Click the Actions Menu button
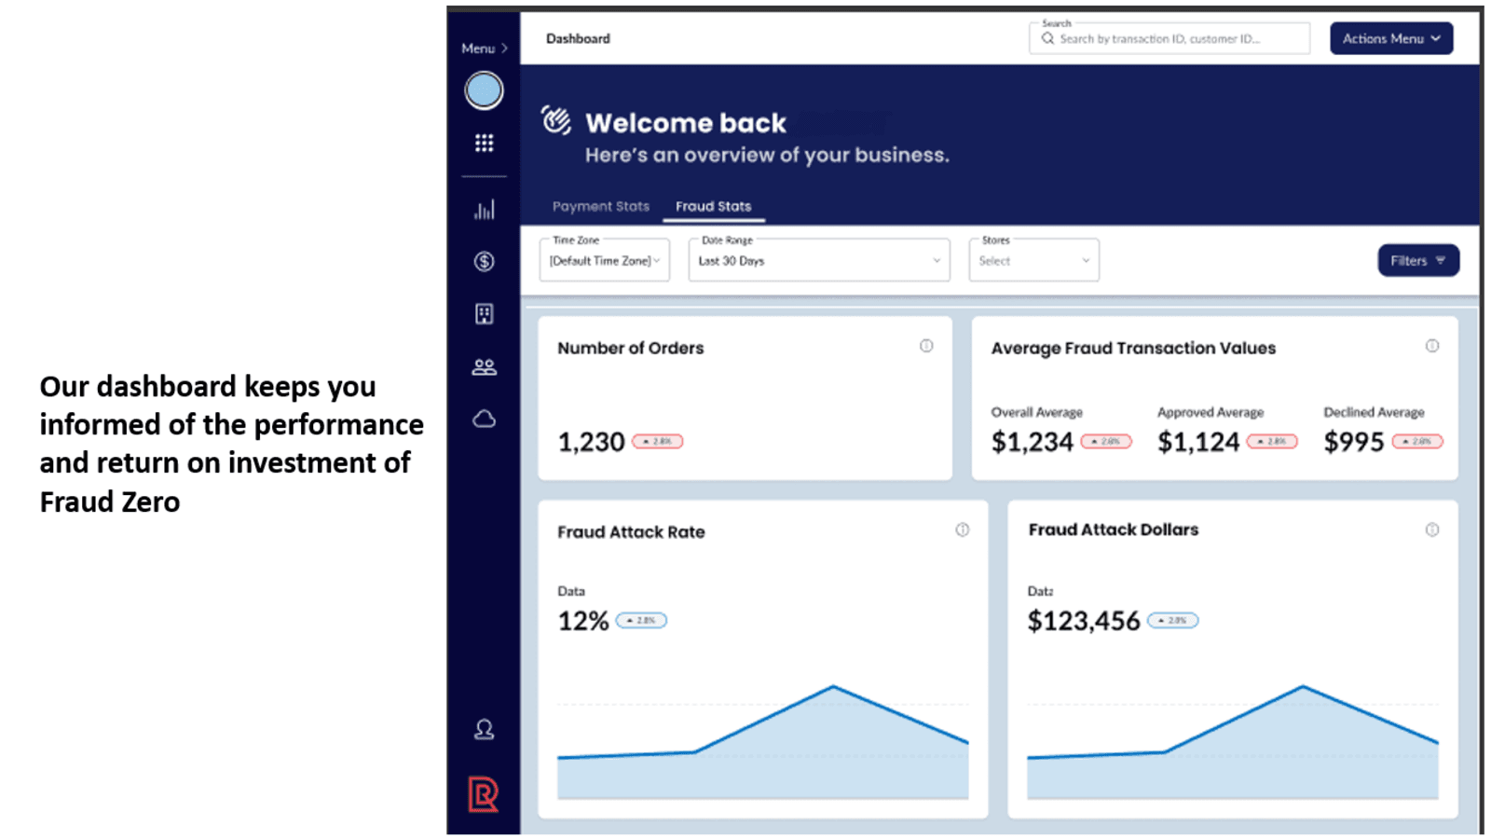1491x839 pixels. (1390, 38)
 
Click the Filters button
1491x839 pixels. (1417, 261)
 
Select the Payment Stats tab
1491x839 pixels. (600, 206)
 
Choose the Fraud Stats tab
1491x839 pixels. (713, 206)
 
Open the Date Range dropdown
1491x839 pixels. (818, 261)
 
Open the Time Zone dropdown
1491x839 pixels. (604, 261)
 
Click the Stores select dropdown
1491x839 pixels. (1033, 261)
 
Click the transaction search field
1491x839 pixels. (1170, 39)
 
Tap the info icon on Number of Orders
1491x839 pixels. (926, 346)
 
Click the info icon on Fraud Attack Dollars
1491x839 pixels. (1432, 530)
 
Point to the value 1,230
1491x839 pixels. (591, 442)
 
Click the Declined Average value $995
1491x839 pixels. (1353, 442)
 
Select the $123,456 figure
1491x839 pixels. (1083, 621)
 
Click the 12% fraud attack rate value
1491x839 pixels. (582, 621)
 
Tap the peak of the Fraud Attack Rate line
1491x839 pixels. (833, 687)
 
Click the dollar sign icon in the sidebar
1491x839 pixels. (484, 262)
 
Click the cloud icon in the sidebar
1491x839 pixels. (484, 419)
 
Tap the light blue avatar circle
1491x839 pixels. (484, 90)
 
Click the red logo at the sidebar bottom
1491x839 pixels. (483, 794)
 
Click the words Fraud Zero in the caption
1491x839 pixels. (110, 502)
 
